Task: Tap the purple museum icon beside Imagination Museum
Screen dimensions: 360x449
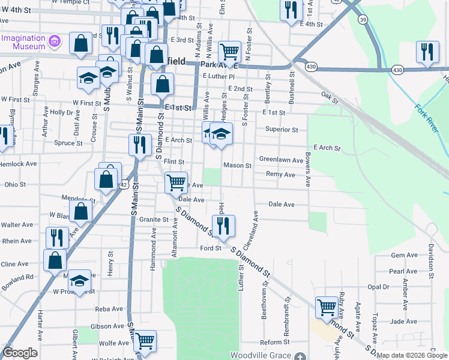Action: pyautogui.click(x=55, y=41)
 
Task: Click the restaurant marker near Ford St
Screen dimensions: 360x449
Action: pyautogui.click(x=223, y=226)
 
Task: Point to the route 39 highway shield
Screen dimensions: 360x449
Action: pyautogui.click(x=363, y=20)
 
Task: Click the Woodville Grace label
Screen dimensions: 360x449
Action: pyautogui.click(x=264, y=355)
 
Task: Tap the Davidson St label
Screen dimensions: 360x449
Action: pyautogui.click(x=430, y=255)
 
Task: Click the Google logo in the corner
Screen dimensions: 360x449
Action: pyautogui.click(x=20, y=352)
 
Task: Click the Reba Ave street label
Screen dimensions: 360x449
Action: pyautogui.click(x=109, y=309)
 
